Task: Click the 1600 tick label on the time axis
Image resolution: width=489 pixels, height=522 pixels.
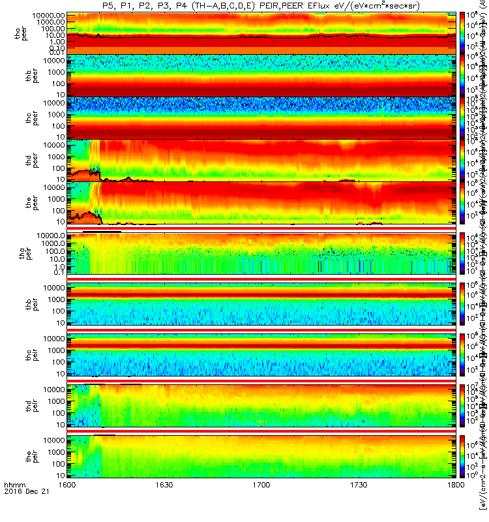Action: pos(67,504)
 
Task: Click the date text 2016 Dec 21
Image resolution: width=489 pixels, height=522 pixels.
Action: pos(23,511)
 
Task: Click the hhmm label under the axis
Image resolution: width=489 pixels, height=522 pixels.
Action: pos(13,504)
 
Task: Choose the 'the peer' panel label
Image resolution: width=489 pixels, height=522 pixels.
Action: pos(21,202)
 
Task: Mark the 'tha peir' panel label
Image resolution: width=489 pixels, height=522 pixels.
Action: pos(21,251)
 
